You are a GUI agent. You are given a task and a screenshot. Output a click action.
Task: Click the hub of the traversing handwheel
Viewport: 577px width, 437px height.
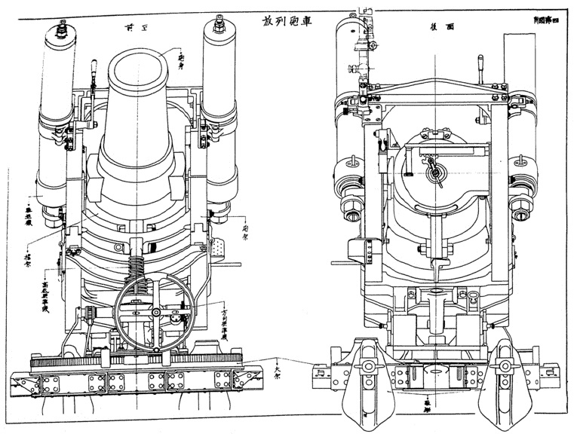(x=155, y=312)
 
